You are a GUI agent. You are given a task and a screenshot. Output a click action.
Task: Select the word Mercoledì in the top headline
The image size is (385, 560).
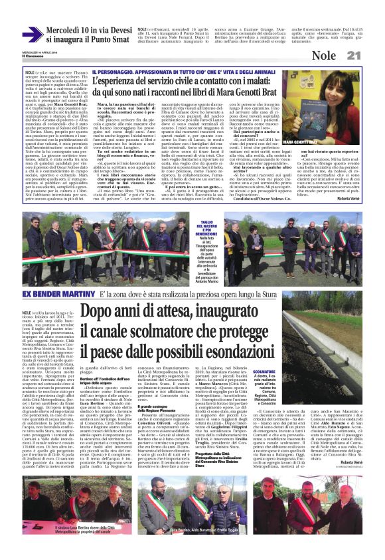(64, 31)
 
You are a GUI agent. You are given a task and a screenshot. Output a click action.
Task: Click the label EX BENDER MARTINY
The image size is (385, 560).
(60, 275)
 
